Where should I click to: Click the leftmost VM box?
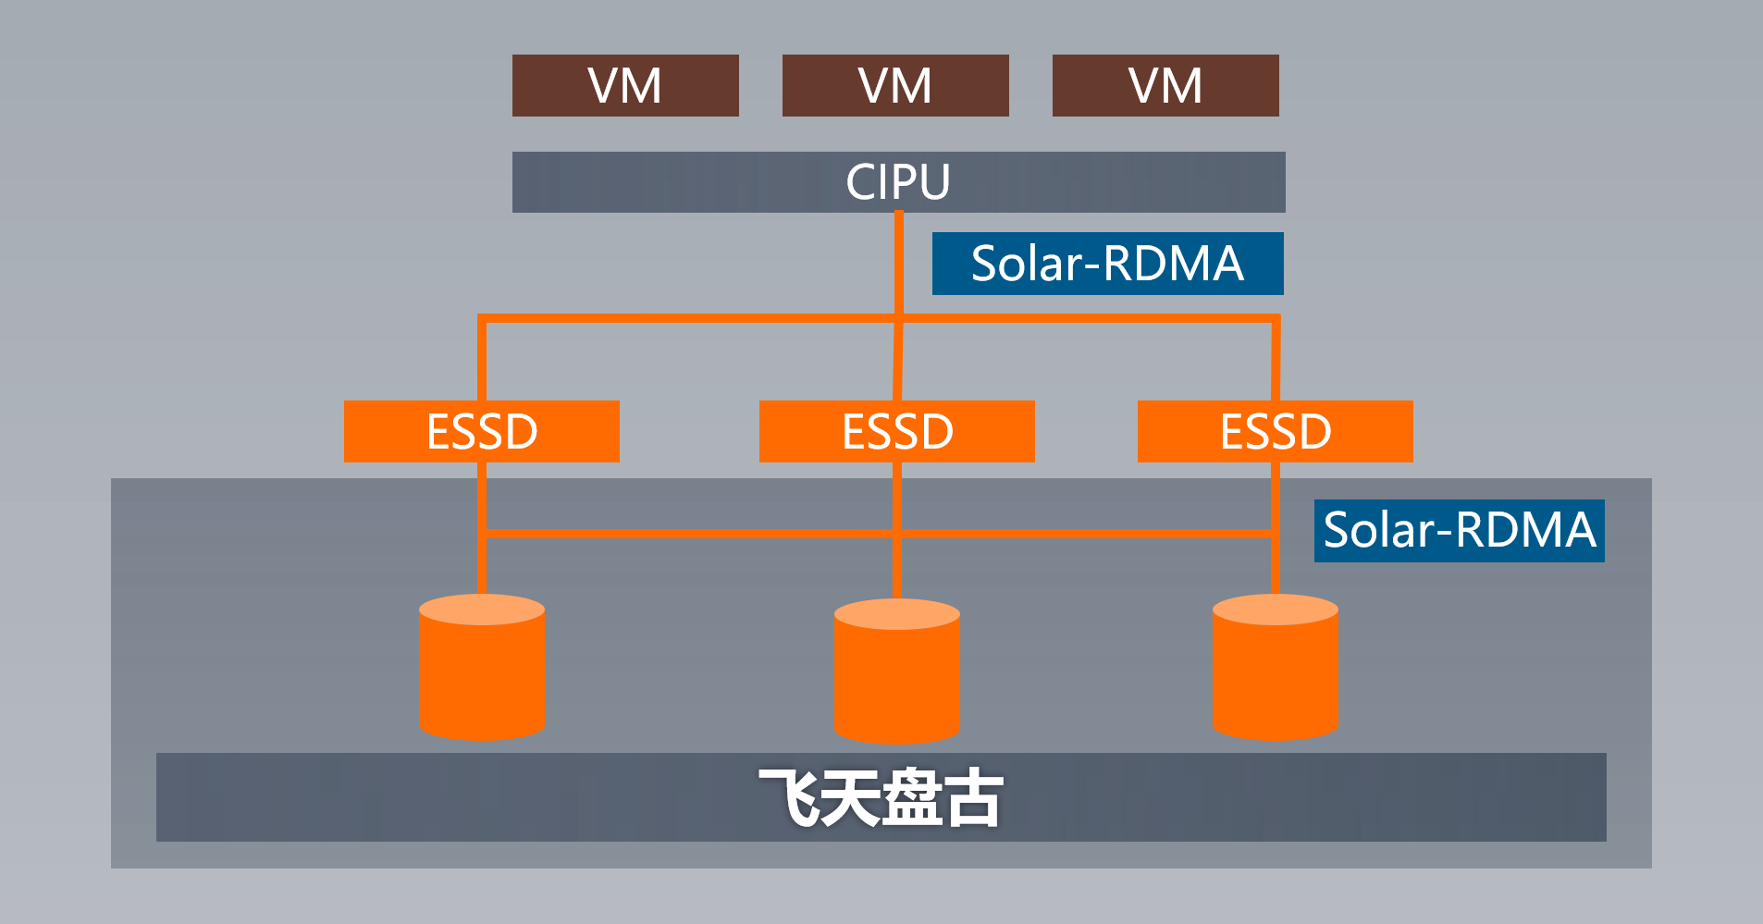625,85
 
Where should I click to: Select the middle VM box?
895,85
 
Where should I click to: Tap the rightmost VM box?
1165,85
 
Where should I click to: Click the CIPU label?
897,181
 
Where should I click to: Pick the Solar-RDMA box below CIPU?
1107,264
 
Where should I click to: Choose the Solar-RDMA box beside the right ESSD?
1460,530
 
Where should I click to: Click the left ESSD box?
482,431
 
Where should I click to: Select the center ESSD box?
897,431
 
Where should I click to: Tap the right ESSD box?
1276,431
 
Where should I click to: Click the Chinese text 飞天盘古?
881,797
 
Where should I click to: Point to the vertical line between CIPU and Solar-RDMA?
899,264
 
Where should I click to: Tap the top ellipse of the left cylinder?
482,610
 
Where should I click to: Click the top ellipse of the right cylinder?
1276,610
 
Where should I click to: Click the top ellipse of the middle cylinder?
897,614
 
